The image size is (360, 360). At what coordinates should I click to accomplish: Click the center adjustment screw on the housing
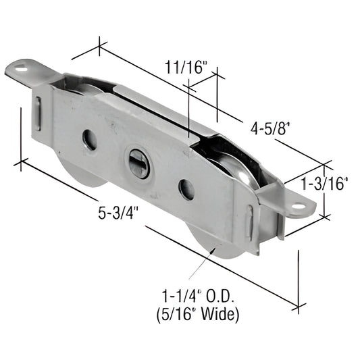point(139,163)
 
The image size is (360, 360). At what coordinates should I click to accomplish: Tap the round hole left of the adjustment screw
point(89,140)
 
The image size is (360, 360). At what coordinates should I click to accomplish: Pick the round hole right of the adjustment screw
point(186,190)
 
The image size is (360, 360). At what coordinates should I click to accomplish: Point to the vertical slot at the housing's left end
point(39,112)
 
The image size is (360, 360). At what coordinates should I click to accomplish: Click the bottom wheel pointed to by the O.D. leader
point(215,242)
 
